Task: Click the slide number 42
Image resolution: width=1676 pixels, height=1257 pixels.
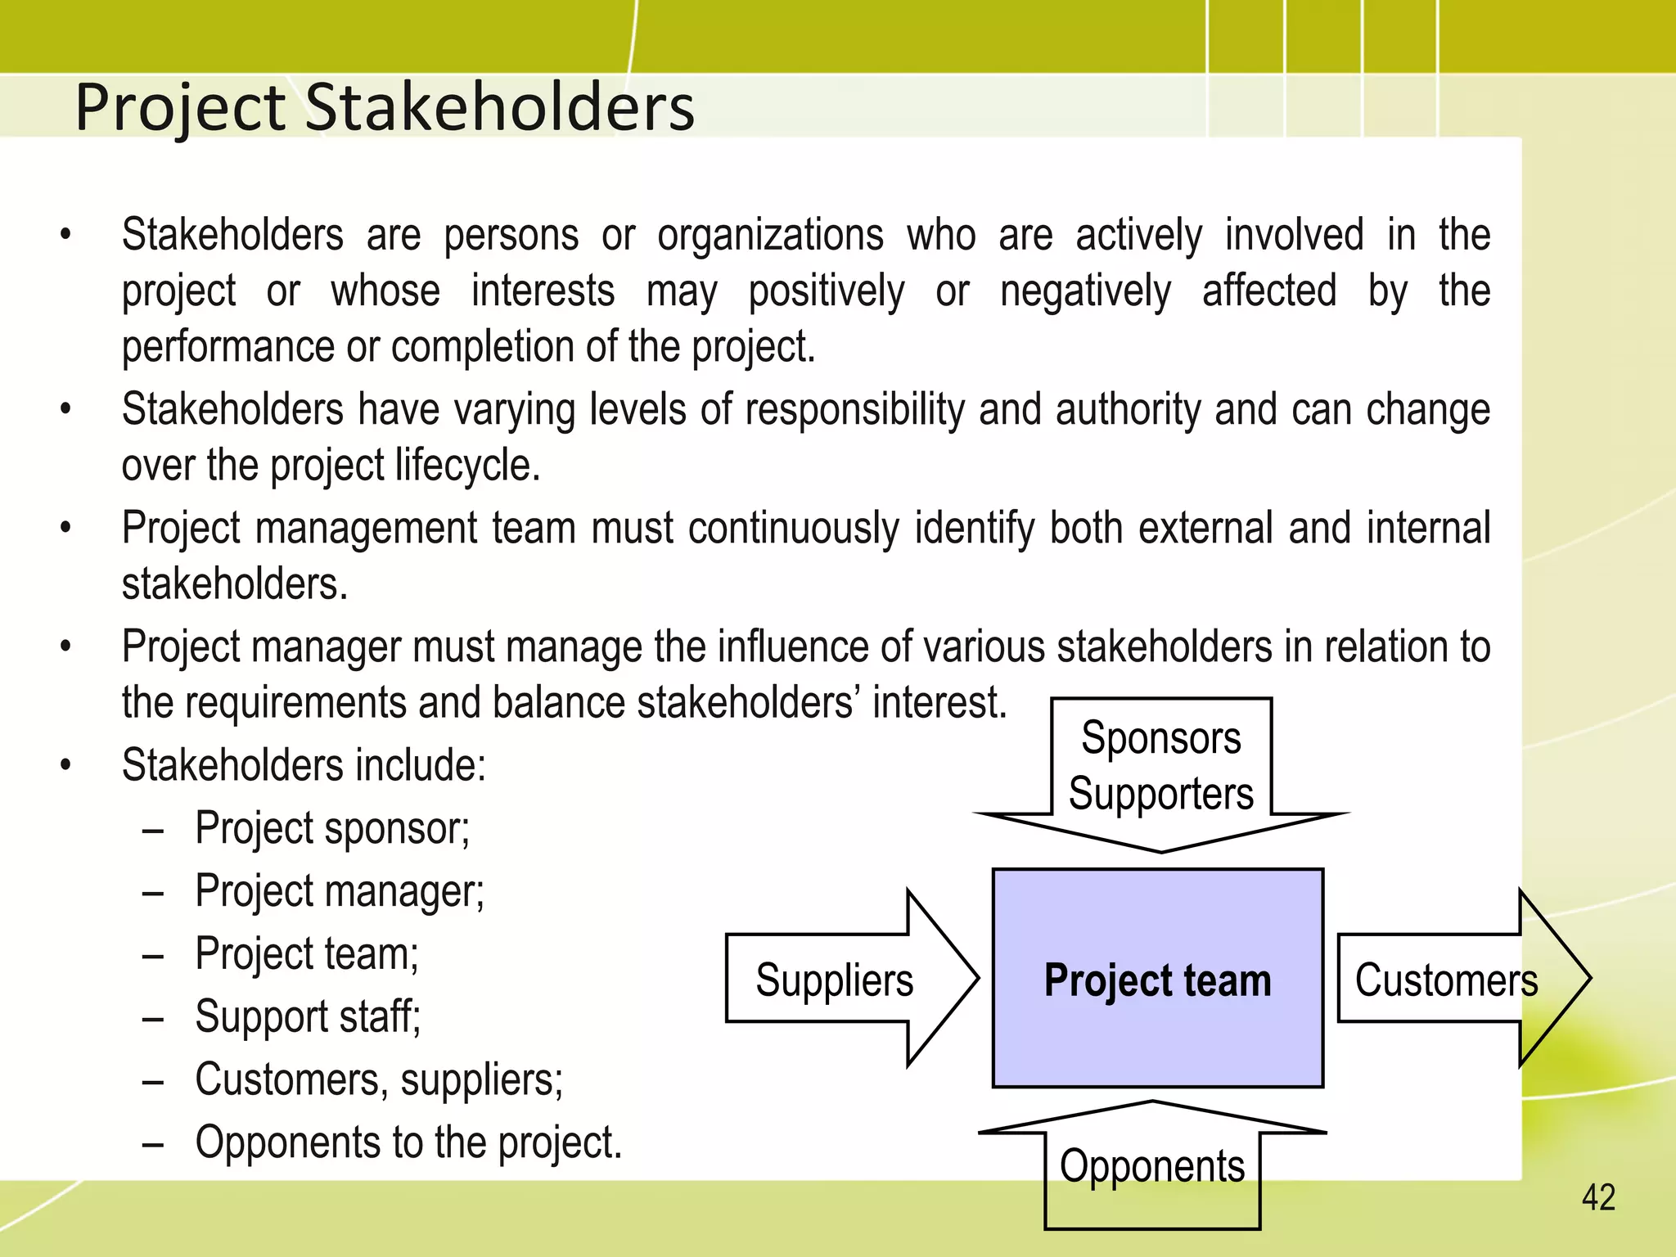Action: (1598, 1198)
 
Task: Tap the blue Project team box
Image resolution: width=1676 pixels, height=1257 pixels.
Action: (1157, 979)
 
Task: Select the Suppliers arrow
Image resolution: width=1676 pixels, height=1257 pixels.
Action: (843, 979)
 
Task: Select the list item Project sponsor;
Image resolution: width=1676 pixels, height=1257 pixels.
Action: (332, 828)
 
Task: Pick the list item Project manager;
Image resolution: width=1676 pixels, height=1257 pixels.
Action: (340, 891)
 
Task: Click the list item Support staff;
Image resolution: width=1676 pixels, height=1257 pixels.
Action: (308, 1017)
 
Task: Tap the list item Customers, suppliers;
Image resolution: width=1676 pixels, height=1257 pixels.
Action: (379, 1079)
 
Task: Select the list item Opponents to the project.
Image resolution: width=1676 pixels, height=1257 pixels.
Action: (408, 1142)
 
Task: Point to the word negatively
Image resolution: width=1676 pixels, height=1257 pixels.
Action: (1085, 292)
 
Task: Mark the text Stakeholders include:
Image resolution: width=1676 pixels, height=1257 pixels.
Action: (304, 766)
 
